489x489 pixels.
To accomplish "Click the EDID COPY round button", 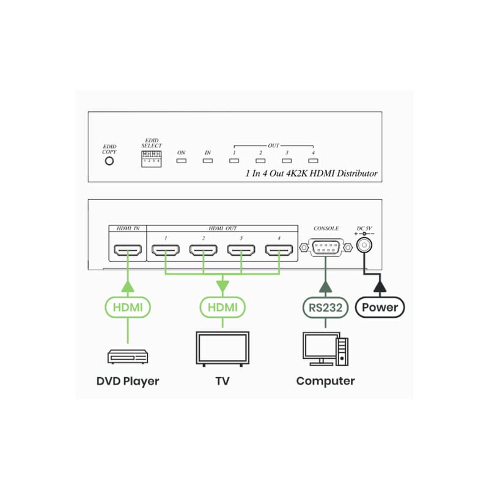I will point(109,161).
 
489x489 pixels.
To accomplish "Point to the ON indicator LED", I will point(181,161).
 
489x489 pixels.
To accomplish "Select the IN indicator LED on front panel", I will point(208,161).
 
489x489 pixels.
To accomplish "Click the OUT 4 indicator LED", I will point(313,161).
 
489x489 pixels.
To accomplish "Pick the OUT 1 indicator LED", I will point(234,161).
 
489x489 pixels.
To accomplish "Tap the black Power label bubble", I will point(380,307).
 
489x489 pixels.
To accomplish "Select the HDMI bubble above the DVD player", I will point(128,307).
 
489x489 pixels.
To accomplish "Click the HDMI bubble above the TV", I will point(222,307).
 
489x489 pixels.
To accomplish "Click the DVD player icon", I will point(128,356).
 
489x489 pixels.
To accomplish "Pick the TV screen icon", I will point(222,349).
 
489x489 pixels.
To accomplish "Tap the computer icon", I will point(325,349).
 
